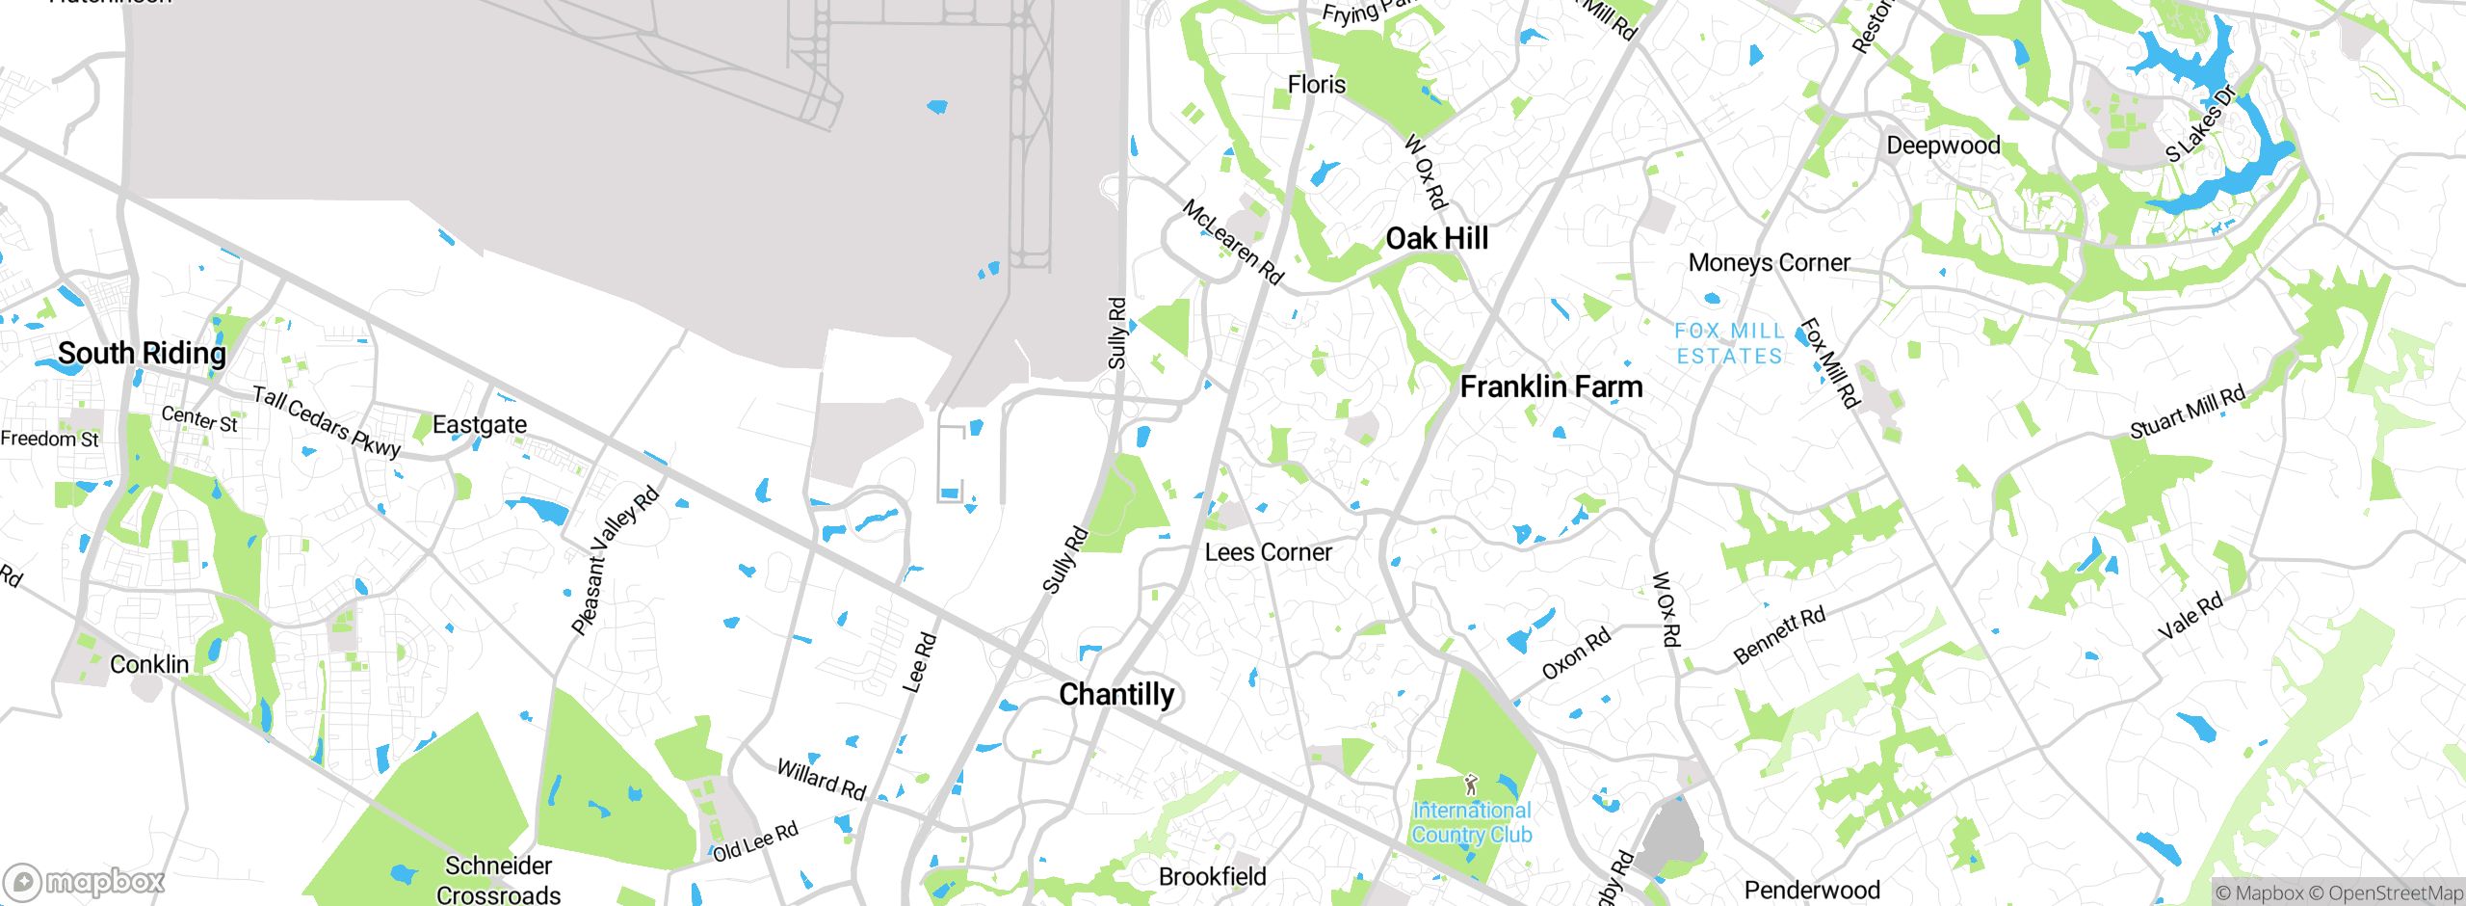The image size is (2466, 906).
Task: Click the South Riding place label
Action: pos(142,354)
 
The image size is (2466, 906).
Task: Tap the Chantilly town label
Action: pos(1116,694)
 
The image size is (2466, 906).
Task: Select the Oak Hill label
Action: pos(1436,238)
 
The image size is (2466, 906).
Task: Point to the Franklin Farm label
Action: pos(1551,386)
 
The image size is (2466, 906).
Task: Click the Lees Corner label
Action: pos(1269,552)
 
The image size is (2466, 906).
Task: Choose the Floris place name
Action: pos(1316,85)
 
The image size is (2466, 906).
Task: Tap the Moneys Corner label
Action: pos(1769,262)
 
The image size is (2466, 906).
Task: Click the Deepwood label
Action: pos(1943,146)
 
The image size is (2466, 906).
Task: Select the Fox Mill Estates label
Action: pos(1729,344)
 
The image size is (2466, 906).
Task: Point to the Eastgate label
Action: pos(479,425)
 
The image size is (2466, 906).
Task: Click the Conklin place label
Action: pos(149,664)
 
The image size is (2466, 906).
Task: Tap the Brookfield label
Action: pos(1212,876)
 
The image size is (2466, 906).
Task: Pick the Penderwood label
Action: pos(1811,890)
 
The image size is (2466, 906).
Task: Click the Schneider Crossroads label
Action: pos(498,880)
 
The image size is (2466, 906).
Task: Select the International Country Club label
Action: pos(1472,822)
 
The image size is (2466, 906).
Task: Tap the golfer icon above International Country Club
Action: pos(1470,785)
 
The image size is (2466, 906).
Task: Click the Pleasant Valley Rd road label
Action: pos(615,560)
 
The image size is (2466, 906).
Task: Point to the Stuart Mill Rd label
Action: pos(2187,412)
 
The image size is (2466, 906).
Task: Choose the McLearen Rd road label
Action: pos(1233,242)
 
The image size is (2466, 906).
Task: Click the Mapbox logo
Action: pos(85,881)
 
